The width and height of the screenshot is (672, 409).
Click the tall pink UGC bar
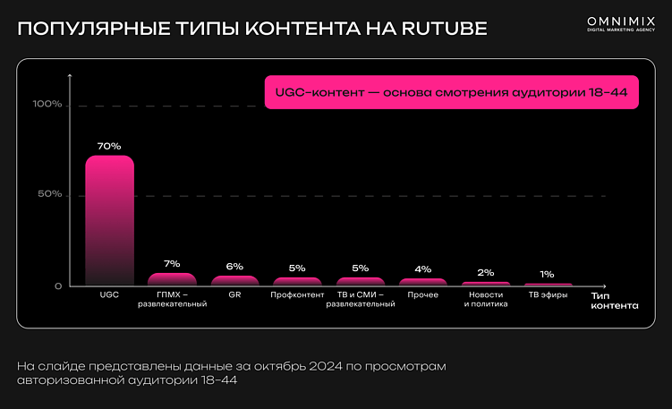(109, 220)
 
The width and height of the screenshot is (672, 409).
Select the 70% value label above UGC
(109, 146)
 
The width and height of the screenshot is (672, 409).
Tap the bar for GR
(234, 280)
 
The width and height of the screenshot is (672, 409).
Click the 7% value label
(172, 264)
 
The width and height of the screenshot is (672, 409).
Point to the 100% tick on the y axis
(47, 105)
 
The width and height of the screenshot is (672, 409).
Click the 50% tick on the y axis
(49, 195)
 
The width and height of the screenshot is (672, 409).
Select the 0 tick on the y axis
(58, 286)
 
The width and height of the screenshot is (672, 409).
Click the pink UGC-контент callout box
(451, 91)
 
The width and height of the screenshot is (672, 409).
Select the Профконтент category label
(297, 295)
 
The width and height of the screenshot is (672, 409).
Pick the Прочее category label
(423, 295)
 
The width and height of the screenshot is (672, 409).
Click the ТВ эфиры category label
(548, 295)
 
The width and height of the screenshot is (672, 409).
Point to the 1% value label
(547, 275)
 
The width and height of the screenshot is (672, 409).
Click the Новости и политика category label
(485, 300)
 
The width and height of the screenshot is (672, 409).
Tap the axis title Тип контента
(614, 300)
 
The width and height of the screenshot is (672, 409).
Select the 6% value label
(234, 267)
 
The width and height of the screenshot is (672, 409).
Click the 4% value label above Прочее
(423, 269)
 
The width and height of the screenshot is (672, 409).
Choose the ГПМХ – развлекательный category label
(172, 300)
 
